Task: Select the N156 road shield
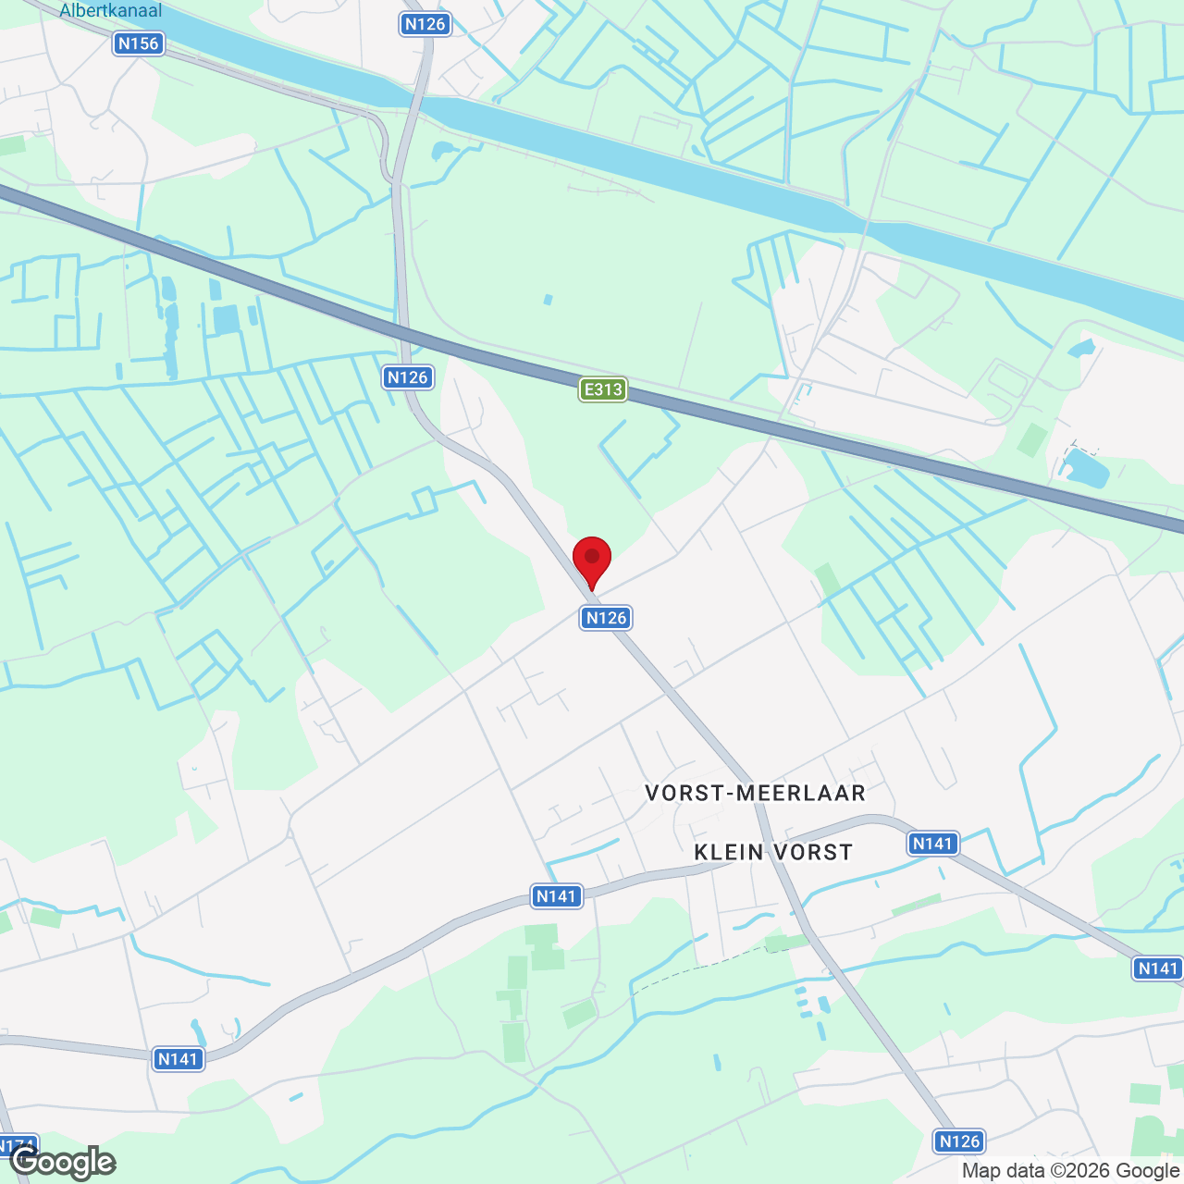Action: pyautogui.click(x=139, y=43)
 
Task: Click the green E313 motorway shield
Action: pyautogui.click(x=603, y=389)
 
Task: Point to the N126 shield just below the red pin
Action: pyautogui.click(x=606, y=618)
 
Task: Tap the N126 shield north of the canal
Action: pyautogui.click(x=425, y=24)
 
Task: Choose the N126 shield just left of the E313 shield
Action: pyautogui.click(x=408, y=377)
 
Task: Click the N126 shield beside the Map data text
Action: pyautogui.click(x=959, y=1141)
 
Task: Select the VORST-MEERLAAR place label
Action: pyautogui.click(x=755, y=793)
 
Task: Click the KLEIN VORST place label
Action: pyautogui.click(x=773, y=852)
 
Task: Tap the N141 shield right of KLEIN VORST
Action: pyautogui.click(x=932, y=844)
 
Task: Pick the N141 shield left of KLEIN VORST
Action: pyautogui.click(x=557, y=895)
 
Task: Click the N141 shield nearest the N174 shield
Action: pyautogui.click(x=179, y=1059)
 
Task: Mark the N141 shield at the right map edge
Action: pyautogui.click(x=1157, y=968)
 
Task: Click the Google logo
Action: pyautogui.click(x=63, y=1162)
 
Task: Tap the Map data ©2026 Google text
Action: pyautogui.click(x=1070, y=1171)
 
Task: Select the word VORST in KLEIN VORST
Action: pyautogui.click(x=813, y=852)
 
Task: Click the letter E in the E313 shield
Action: pyautogui.click(x=589, y=389)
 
